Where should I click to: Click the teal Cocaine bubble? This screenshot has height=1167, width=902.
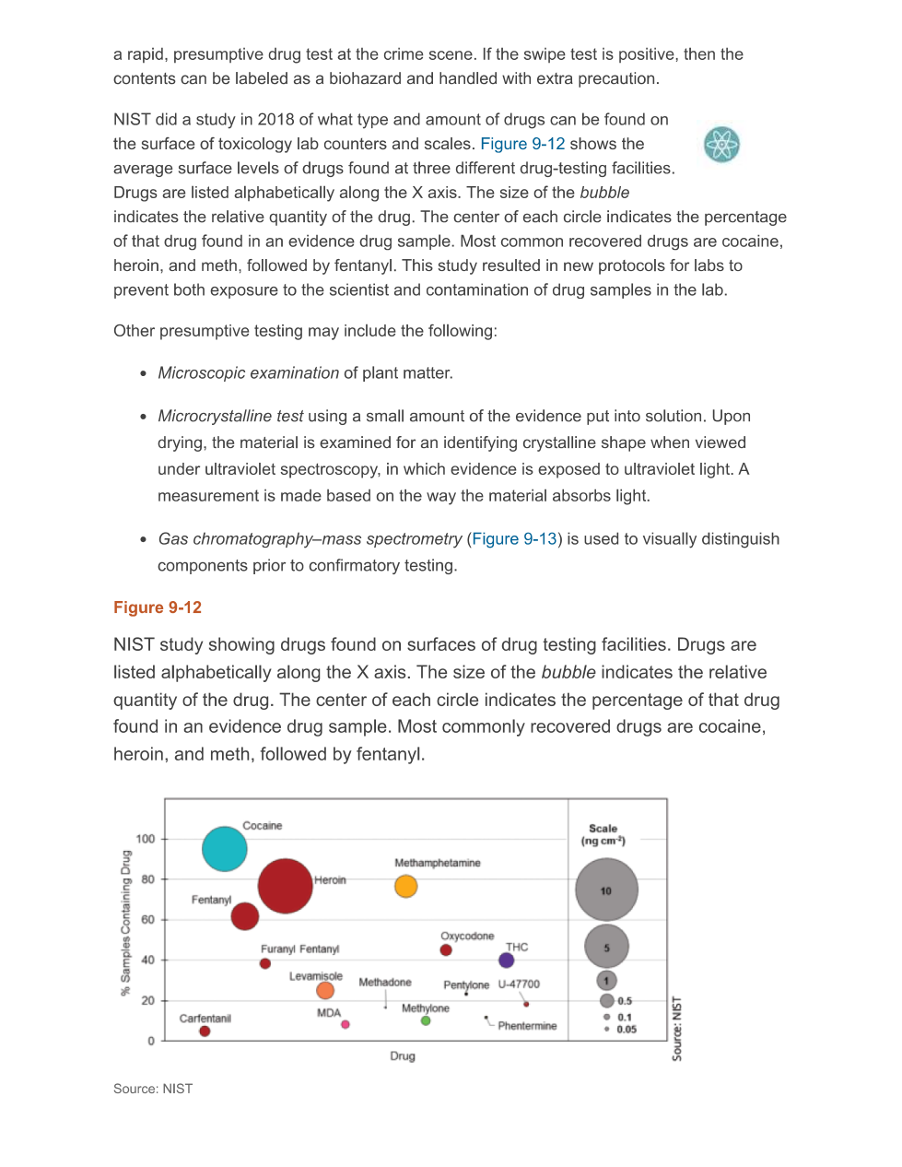pos(225,849)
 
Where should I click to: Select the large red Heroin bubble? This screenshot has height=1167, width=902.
pos(285,886)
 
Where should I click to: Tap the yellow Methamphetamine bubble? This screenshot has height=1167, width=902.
pos(405,886)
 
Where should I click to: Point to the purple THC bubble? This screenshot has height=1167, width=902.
pos(506,961)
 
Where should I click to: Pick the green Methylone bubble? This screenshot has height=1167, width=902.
pos(426,1020)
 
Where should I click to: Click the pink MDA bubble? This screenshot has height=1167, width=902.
pos(346,1024)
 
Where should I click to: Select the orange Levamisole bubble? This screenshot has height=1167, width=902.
pos(325,991)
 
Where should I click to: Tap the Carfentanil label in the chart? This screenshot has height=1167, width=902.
pos(205,1019)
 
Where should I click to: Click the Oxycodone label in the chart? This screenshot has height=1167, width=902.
pos(467,936)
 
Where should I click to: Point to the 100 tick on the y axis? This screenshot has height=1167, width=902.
pos(146,839)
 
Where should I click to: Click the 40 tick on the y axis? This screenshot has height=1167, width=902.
pos(147,960)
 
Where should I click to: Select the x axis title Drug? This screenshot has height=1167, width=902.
pos(403,1056)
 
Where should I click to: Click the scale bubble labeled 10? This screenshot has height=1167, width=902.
pos(606,890)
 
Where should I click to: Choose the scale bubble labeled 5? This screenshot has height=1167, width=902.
pos(606,947)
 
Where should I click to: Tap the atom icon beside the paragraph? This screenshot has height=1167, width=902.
pos(721,145)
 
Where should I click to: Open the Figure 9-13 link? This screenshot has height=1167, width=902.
pos(514,539)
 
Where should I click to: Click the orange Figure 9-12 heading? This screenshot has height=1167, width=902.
pos(158,607)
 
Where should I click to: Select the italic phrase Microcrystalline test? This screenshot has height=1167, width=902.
pos(230,417)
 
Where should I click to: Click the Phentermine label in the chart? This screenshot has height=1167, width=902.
pos(527,1026)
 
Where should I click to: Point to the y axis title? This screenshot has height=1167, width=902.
pos(126,923)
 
